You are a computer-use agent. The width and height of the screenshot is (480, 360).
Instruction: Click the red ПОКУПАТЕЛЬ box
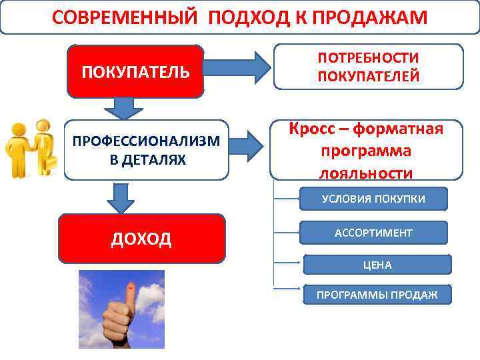(135, 71)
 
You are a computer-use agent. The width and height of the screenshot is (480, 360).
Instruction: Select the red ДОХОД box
(141, 238)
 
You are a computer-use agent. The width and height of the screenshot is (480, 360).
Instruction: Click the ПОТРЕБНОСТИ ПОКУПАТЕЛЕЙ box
(368, 67)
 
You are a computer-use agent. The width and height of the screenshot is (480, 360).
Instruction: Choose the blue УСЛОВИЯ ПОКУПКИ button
(373, 199)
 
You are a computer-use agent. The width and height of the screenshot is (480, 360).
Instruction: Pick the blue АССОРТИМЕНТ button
(373, 233)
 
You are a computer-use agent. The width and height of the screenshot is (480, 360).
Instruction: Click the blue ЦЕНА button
(377, 265)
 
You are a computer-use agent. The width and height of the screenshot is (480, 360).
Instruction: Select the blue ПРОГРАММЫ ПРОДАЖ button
(377, 295)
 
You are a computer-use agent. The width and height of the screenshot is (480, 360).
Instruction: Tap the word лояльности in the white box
(366, 173)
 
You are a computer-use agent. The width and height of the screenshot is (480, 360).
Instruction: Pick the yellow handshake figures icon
(30, 148)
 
